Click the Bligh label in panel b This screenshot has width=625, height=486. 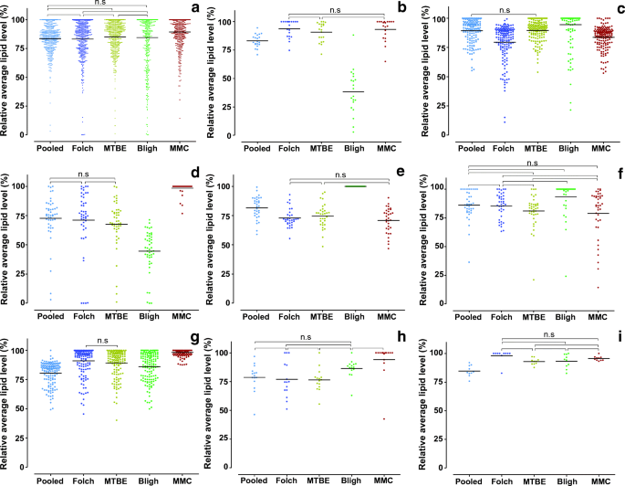click(x=349, y=147)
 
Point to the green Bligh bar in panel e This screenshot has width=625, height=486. click(x=349, y=186)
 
